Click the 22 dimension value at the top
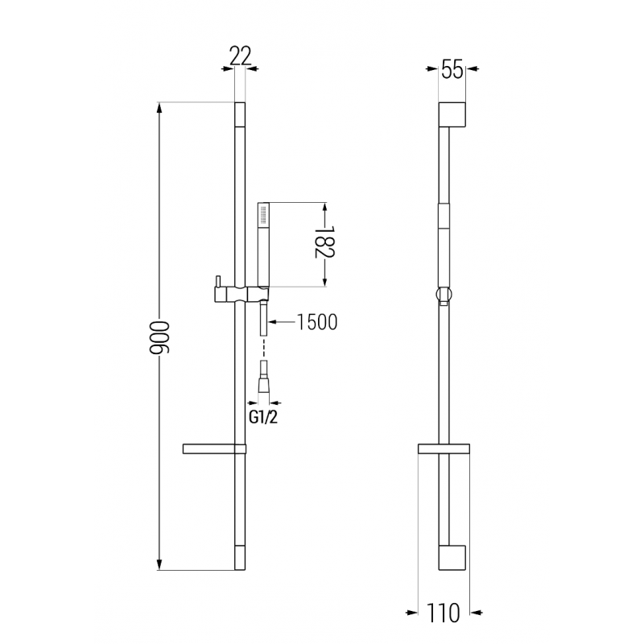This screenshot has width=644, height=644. pyautogui.click(x=241, y=56)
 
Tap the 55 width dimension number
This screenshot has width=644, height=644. pyautogui.click(x=452, y=70)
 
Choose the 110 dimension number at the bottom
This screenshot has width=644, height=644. pyautogui.click(x=444, y=614)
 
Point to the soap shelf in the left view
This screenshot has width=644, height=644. pyautogui.click(x=211, y=448)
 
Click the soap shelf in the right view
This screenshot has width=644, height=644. pyautogui.click(x=444, y=449)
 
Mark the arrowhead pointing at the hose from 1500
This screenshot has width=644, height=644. pyautogui.click(x=270, y=322)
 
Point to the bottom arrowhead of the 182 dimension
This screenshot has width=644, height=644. pyautogui.click(x=324, y=281)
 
